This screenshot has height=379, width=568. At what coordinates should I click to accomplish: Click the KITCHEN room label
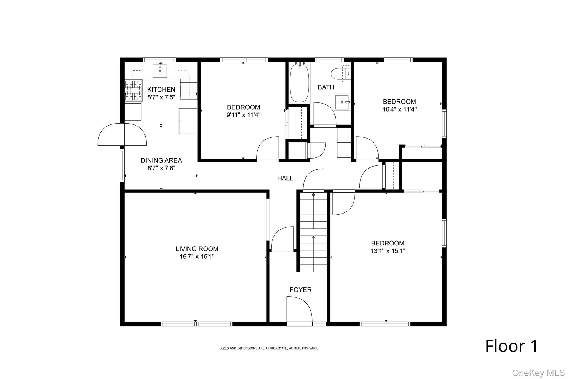click(x=161, y=90)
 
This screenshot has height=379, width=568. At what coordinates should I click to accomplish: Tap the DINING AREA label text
click(x=161, y=160)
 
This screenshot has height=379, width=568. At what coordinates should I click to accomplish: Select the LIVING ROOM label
click(x=197, y=249)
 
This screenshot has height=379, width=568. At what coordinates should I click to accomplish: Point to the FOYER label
click(x=301, y=290)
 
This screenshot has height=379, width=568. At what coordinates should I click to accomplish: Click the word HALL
click(x=285, y=178)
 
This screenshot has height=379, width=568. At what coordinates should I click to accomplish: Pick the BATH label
click(x=326, y=87)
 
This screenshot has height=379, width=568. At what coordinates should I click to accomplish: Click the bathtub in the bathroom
click(x=299, y=82)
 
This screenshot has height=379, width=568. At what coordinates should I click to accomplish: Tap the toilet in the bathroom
click(x=341, y=74)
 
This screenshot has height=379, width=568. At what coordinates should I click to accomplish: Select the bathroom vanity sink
click(x=342, y=102)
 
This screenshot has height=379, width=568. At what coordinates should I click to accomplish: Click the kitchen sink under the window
click(x=160, y=71)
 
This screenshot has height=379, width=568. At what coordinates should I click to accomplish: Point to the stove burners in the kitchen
click(x=133, y=91)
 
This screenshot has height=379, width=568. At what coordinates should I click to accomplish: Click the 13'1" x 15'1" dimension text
click(x=388, y=251)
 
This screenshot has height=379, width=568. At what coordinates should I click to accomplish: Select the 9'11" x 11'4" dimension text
click(x=244, y=115)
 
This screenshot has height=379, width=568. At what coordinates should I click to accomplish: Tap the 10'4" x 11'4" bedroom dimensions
click(x=399, y=109)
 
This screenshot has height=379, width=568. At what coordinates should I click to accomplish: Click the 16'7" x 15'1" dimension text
click(x=197, y=257)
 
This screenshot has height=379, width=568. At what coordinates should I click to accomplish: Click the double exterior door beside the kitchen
click(x=122, y=134)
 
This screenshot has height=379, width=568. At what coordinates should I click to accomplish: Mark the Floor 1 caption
click(x=511, y=346)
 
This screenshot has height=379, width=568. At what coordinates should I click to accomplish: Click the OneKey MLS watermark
click(x=538, y=373)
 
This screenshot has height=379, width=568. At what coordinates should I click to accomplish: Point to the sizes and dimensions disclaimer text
click(x=268, y=348)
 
